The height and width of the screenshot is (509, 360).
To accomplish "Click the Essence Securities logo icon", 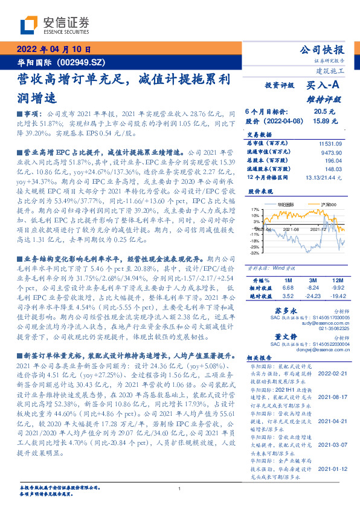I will click(x=30, y=25).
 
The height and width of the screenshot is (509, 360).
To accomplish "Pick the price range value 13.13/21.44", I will click(x=325, y=177).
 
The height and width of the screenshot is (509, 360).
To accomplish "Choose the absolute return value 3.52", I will click(x=288, y=296).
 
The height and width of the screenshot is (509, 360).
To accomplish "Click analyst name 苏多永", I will click(x=275, y=309).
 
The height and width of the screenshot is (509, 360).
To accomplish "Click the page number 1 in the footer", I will click(x=179, y=489).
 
